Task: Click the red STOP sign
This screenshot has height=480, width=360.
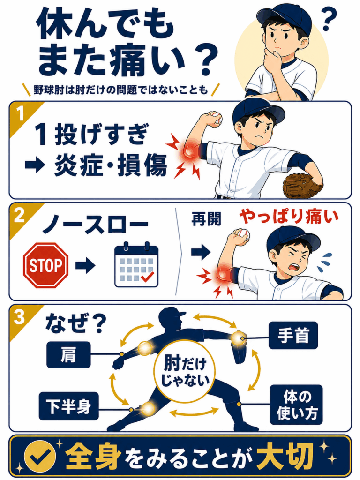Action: coord(46,265)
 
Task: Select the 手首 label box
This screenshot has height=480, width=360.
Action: coord(293,335)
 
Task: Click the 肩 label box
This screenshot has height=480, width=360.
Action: coord(68,355)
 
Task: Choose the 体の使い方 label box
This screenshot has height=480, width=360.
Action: coord(296,405)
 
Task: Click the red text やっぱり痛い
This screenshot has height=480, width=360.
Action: coord(289,217)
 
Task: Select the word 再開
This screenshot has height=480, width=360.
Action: coord(206,219)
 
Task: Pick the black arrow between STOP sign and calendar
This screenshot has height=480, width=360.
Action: coord(85,265)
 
